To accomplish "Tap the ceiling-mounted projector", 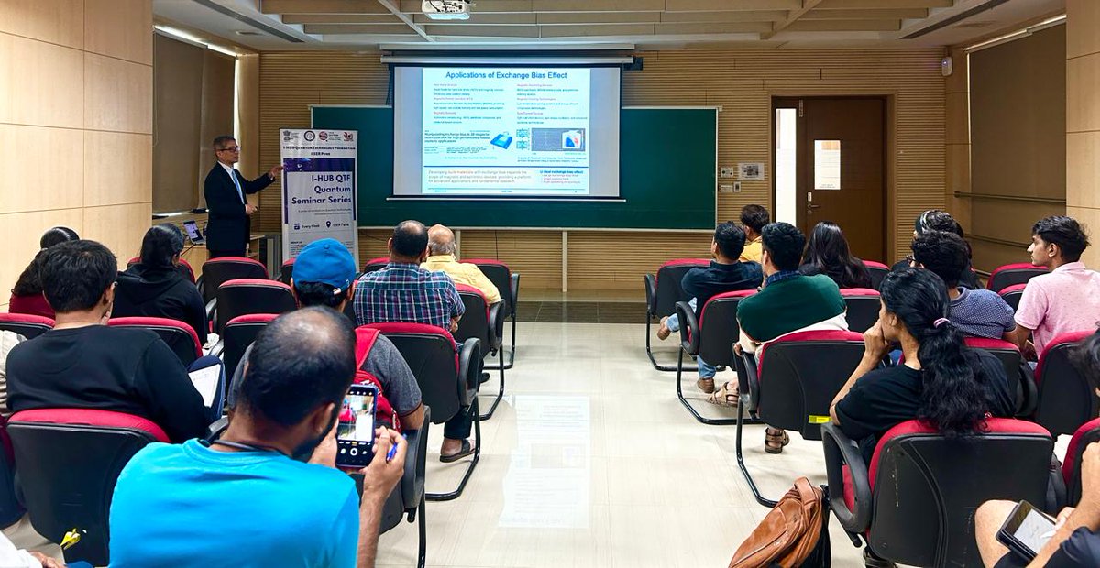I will [447, 9].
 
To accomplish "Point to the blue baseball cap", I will [324, 263].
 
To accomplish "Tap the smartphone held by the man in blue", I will [356, 425].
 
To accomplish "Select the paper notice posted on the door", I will [827, 165].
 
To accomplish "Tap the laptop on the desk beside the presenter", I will [192, 231].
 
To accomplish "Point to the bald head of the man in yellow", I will [442, 240].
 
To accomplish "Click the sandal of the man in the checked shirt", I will [456, 451].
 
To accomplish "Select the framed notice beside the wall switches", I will [751, 171].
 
